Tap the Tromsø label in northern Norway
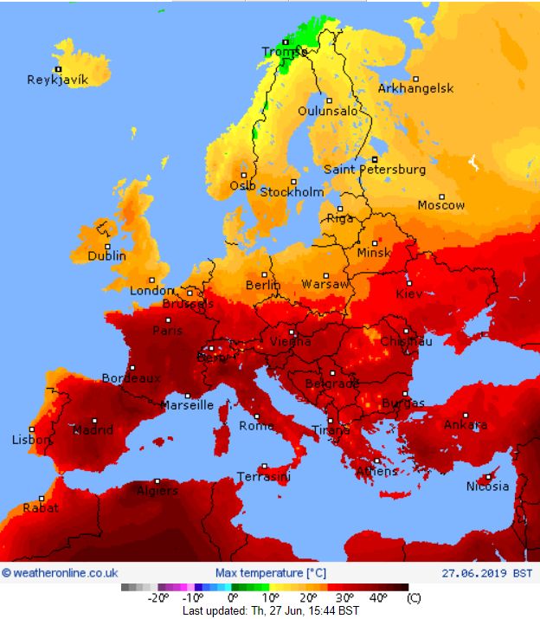pyautogui.click(x=285, y=52)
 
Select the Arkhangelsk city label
pyautogui.click(x=415, y=88)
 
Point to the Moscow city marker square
pyautogui.click(x=441, y=195)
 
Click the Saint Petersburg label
pyautogui.click(x=375, y=170)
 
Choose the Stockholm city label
pyautogui.click(x=292, y=192)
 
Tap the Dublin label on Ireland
pyautogui.click(x=106, y=256)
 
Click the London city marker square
pyautogui.click(x=152, y=280)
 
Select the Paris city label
pyautogui.click(x=168, y=331)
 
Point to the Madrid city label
pyautogui.click(x=93, y=430)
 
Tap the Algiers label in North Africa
pyautogui.click(x=157, y=491)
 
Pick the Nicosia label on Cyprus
pyautogui.click(x=487, y=486)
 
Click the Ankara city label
pyautogui.click(x=466, y=425)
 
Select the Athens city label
pyautogui.click(x=376, y=472)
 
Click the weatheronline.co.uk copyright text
pyautogui.click(x=60, y=572)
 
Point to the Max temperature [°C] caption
pyautogui.click(x=270, y=572)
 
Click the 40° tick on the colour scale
pyautogui.click(x=378, y=597)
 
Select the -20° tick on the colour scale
pyautogui.click(x=158, y=597)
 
